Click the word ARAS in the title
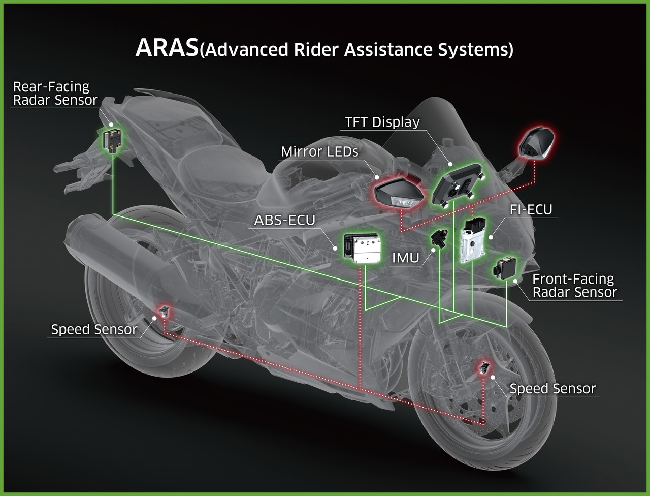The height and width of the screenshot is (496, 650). pos(167,48)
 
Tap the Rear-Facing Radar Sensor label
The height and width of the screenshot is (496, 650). pos(55,94)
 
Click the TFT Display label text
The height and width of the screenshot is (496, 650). pos(382,122)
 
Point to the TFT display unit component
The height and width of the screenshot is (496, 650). pos(457,184)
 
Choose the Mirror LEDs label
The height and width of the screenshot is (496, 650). pos(319,152)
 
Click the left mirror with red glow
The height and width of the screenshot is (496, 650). pos(398,193)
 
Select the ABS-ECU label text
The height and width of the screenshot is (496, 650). pos(284,221)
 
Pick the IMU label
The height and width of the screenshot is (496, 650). pos(405,258)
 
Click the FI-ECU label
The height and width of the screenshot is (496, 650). pos(531,210)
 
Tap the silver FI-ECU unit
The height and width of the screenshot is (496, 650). pos(472,240)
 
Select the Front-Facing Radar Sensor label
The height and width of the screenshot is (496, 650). pos(574,286)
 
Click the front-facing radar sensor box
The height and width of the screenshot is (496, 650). pos(504,268)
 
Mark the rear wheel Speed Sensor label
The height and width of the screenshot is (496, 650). pos(94,329)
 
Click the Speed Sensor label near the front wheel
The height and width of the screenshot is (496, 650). pos(552,389)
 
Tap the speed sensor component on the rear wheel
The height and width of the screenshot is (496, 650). pos(164,312)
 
